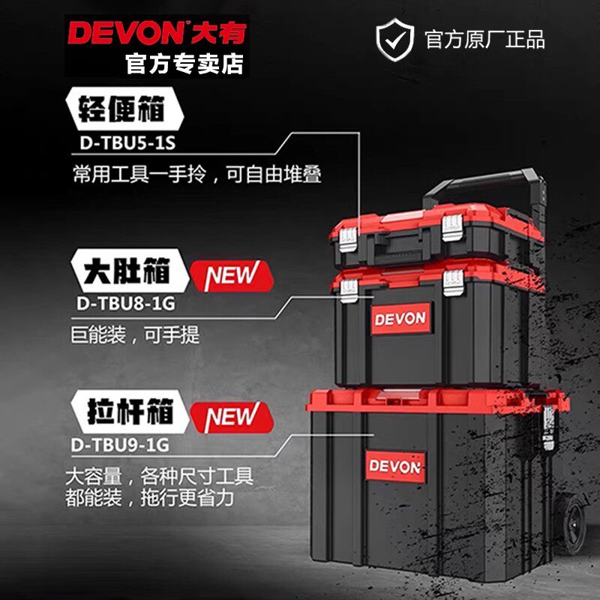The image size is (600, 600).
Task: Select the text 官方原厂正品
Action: coord(484,38)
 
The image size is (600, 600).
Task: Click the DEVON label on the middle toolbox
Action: coord(400,318)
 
